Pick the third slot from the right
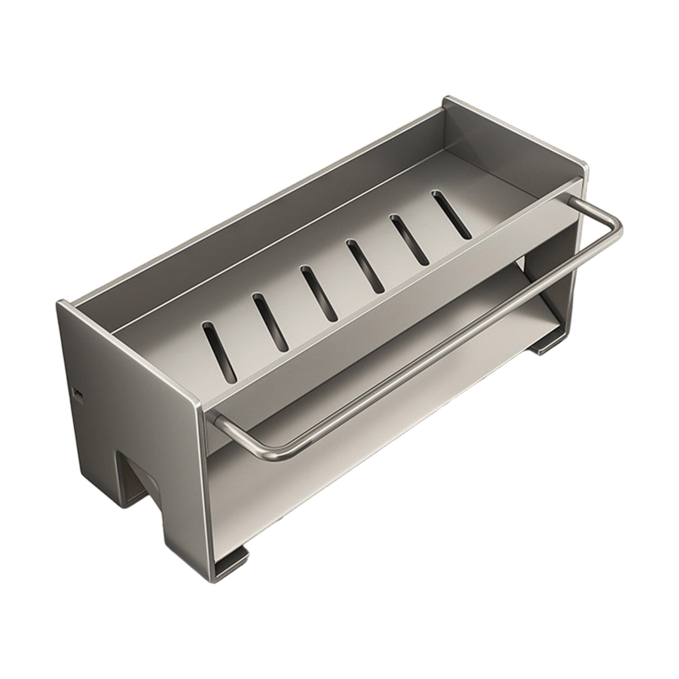pos(365,266)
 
